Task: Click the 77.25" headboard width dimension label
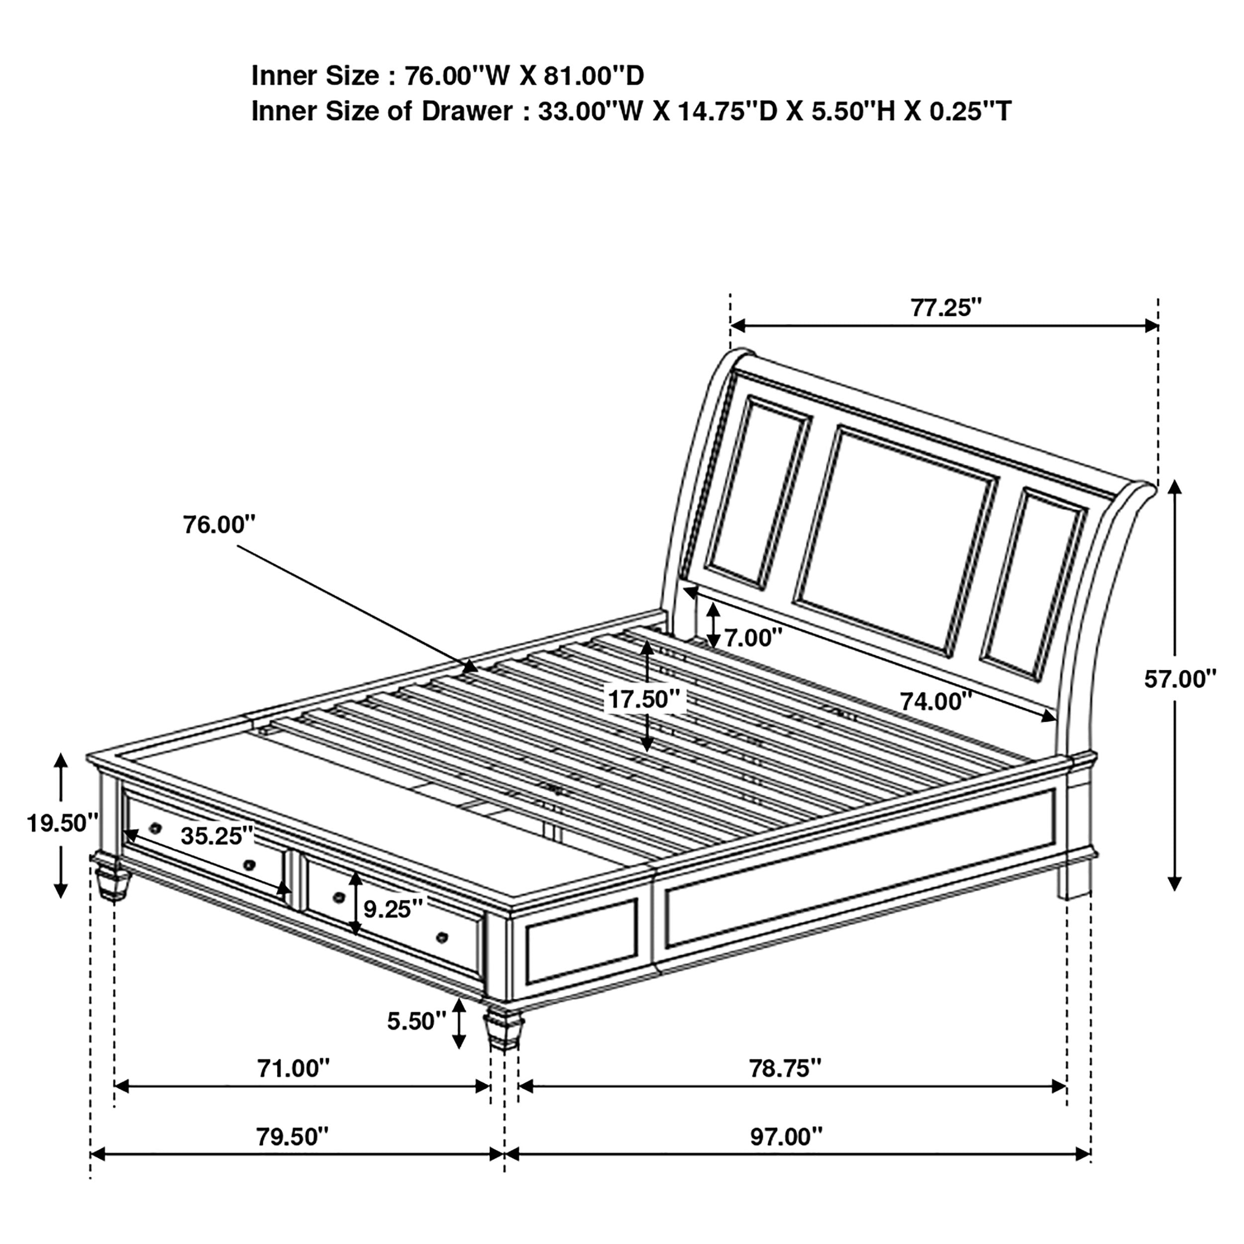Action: click(945, 309)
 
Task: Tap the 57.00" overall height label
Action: click(1180, 679)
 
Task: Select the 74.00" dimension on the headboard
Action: click(935, 701)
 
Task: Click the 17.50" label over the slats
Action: click(644, 699)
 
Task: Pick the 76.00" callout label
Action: click(219, 525)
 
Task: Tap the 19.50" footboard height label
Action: click(62, 823)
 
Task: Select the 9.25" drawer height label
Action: click(393, 909)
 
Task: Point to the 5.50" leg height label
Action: click(416, 1021)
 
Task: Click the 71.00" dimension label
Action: click(293, 1068)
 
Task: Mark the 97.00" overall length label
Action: click(786, 1137)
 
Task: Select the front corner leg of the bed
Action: click(503, 1030)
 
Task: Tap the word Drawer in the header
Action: click(467, 111)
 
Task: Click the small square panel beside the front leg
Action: click(581, 941)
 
